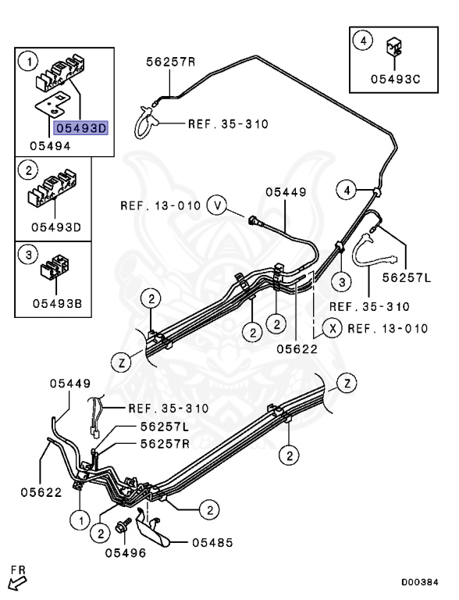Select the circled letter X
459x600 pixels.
(x=333, y=327)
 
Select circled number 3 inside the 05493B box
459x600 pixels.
(x=28, y=254)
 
